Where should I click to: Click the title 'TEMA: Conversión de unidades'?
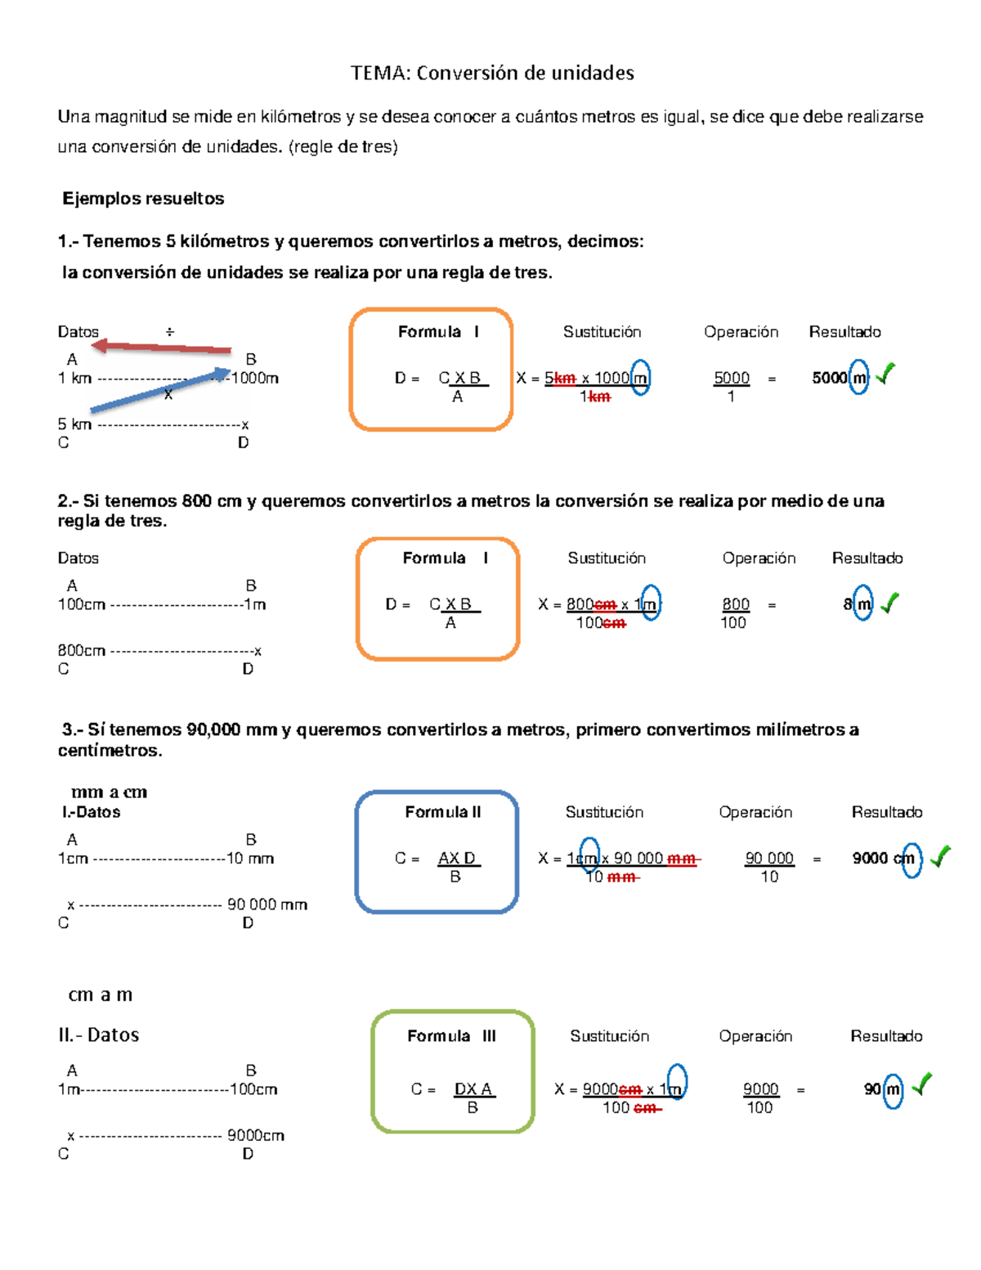click(x=492, y=73)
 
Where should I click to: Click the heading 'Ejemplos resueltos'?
click(x=143, y=199)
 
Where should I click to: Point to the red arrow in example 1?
click(x=161, y=348)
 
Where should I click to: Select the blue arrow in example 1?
click(x=160, y=389)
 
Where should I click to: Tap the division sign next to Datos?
click(x=169, y=332)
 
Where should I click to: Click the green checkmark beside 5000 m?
click(x=886, y=374)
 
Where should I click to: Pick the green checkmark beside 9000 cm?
click(x=940, y=856)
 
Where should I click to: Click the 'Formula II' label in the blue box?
click(x=443, y=812)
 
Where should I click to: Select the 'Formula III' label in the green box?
click(x=451, y=1035)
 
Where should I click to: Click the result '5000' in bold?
click(x=829, y=378)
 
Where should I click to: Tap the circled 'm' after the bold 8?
click(x=863, y=604)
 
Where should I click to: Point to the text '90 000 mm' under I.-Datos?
click(x=267, y=904)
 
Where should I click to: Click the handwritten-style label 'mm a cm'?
click(x=109, y=792)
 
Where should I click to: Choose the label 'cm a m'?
click(x=101, y=994)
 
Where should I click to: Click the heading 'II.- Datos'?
click(x=99, y=1035)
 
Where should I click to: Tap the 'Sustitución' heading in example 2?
click(x=607, y=559)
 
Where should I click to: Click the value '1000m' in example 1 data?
click(x=255, y=378)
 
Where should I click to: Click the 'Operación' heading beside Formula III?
click(x=755, y=1035)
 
